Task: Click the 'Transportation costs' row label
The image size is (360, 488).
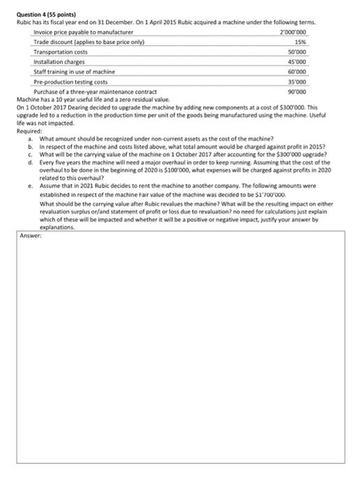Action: pos(61,52)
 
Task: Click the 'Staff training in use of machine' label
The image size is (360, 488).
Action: pos(75,72)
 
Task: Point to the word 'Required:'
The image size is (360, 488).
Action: pos(29,131)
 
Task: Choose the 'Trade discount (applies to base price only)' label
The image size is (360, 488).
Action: pos(88,43)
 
